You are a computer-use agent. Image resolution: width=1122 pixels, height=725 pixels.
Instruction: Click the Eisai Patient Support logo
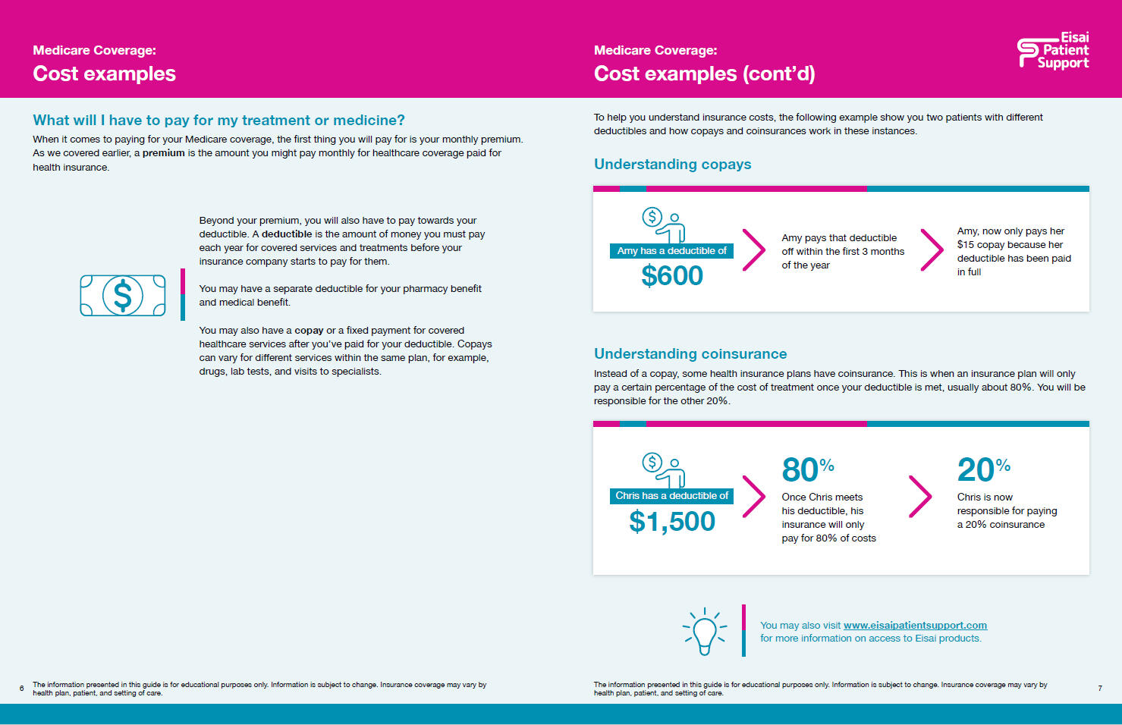[x=1054, y=51]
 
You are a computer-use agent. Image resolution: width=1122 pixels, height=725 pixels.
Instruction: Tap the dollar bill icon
[x=122, y=296]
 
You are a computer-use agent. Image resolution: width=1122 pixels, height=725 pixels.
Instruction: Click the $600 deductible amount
[x=672, y=276]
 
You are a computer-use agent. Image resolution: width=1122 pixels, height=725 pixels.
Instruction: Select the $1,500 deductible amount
[x=672, y=522]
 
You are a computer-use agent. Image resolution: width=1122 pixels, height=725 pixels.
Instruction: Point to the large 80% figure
[x=807, y=470]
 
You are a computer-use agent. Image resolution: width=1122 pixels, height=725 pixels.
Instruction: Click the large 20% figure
[x=983, y=470]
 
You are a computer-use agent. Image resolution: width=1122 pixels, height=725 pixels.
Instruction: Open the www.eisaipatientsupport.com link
[x=915, y=625]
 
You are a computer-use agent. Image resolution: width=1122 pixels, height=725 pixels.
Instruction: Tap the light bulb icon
[x=704, y=631]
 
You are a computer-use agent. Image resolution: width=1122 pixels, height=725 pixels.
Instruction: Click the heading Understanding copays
[x=672, y=165]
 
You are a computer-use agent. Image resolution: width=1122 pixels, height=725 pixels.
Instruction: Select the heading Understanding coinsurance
[x=690, y=354]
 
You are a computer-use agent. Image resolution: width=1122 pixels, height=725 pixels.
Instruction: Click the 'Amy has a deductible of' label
[x=671, y=251]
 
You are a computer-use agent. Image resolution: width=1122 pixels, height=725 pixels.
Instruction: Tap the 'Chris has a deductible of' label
[x=671, y=496]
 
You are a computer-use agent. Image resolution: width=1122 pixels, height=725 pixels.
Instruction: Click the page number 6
[x=21, y=689]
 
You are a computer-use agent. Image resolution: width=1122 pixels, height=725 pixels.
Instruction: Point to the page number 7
[x=1100, y=689]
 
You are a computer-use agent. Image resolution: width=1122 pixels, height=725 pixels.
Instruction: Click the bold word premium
[x=164, y=153]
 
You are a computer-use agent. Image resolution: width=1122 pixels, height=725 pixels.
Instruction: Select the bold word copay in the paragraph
[x=309, y=331]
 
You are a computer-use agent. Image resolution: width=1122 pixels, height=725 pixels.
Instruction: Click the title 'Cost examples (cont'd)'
[x=704, y=74]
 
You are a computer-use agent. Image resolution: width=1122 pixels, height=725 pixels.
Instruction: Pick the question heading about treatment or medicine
[x=218, y=121]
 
